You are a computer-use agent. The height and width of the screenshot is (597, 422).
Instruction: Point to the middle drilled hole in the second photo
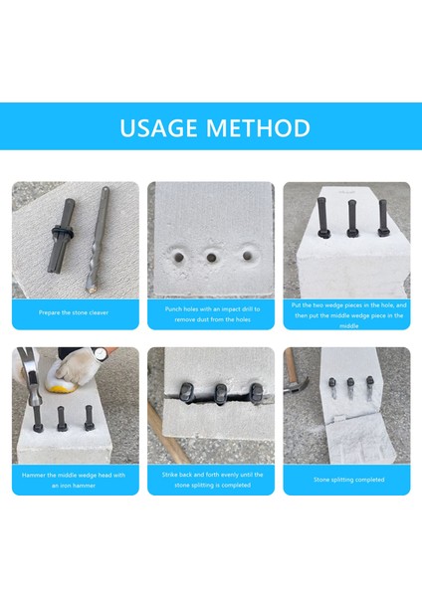(x=211, y=258)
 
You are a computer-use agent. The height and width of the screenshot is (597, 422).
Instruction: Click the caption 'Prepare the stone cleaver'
(x=76, y=312)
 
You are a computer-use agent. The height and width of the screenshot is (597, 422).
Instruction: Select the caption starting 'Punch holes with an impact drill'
(x=211, y=313)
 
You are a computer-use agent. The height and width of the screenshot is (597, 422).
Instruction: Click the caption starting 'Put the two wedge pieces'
(x=346, y=313)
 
